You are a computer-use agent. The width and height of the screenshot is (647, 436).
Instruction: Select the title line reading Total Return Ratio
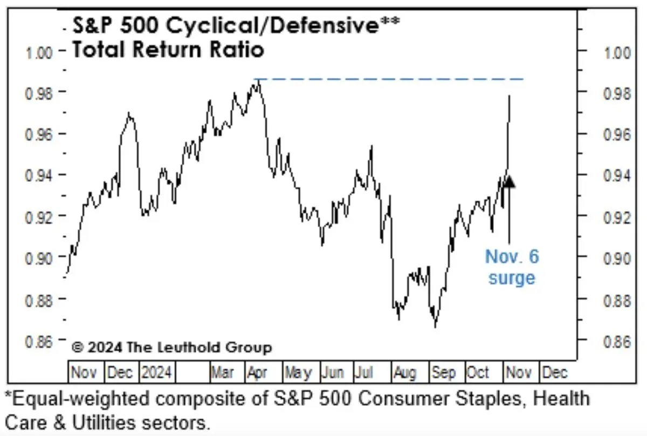click(x=168, y=50)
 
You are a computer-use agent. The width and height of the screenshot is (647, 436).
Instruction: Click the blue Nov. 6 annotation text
click(x=512, y=257)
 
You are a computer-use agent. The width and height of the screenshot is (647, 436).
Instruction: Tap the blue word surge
click(x=512, y=278)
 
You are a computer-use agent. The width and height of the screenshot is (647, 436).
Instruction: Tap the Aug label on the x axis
click(x=405, y=372)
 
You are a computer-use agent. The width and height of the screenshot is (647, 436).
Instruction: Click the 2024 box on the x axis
click(x=156, y=372)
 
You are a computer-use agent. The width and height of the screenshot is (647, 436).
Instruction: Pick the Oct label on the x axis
click(x=477, y=372)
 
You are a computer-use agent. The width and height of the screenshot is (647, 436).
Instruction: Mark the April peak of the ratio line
click(x=258, y=80)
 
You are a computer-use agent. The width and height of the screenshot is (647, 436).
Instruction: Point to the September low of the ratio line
click(x=435, y=326)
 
